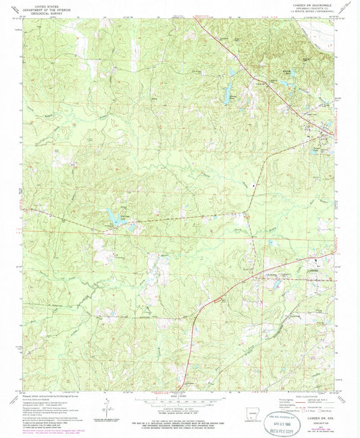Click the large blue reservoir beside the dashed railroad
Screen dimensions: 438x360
point(113,217)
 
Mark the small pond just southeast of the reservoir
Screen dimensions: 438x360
point(133,225)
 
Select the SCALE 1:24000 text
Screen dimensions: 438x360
point(180,393)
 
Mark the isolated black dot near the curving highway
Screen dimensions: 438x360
point(254,185)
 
